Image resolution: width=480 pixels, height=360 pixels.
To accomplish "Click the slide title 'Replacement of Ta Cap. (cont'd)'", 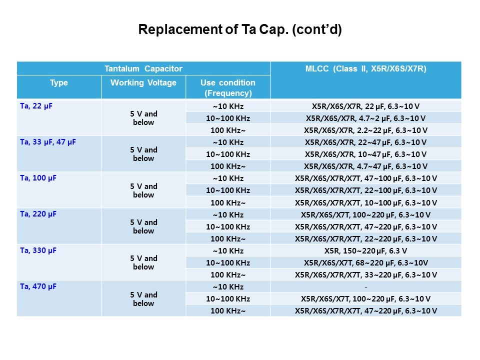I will click(239, 30).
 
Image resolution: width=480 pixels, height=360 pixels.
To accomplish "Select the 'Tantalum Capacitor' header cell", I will click(143, 68).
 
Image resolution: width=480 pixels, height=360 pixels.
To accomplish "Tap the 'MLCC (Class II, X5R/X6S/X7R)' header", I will click(365, 69).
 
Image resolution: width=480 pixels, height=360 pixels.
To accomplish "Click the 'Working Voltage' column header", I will click(143, 83).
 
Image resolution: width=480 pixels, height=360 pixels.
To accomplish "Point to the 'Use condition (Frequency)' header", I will click(227, 87).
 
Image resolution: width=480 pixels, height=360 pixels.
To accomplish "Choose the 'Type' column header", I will click(59, 83).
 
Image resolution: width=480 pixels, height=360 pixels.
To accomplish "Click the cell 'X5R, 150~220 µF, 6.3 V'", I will click(365, 250).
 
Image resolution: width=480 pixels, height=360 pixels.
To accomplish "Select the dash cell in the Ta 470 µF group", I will click(365, 286).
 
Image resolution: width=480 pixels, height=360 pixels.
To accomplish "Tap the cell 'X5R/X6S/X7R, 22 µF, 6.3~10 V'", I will click(365, 106).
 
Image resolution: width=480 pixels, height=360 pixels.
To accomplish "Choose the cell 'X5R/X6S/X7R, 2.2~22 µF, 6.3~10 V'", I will click(365, 130).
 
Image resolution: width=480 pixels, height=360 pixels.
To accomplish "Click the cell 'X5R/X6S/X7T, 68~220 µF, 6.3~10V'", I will click(365, 262).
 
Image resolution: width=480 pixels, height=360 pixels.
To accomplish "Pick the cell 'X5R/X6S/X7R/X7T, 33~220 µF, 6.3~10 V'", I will click(365, 274).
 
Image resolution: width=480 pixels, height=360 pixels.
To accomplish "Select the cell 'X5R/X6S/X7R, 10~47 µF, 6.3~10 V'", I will click(365, 154).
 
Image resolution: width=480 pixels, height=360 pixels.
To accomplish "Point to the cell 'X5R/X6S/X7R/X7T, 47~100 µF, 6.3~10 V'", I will click(365, 178).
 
